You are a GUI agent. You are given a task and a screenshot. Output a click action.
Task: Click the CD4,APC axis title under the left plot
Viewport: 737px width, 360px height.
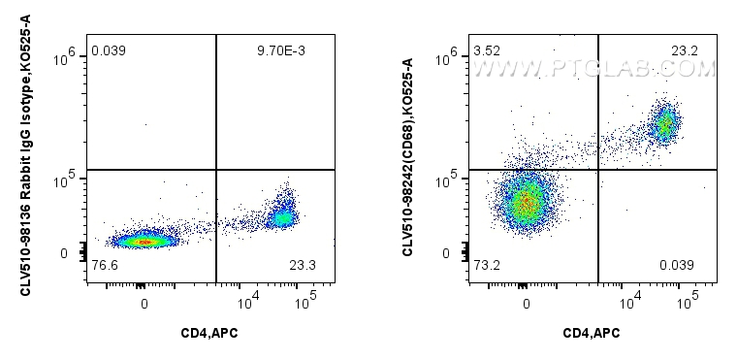(x=209, y=334)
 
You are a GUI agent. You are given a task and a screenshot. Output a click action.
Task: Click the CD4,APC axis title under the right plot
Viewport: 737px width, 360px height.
(x=592, y=334)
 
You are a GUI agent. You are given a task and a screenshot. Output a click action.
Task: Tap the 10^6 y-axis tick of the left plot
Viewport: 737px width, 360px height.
(x=65, y=58)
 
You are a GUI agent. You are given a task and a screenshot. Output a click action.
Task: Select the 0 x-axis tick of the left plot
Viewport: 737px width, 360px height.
(x=144, y=303)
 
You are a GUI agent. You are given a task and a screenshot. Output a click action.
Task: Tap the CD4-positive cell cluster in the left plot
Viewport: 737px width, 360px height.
(x=283, y=215)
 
